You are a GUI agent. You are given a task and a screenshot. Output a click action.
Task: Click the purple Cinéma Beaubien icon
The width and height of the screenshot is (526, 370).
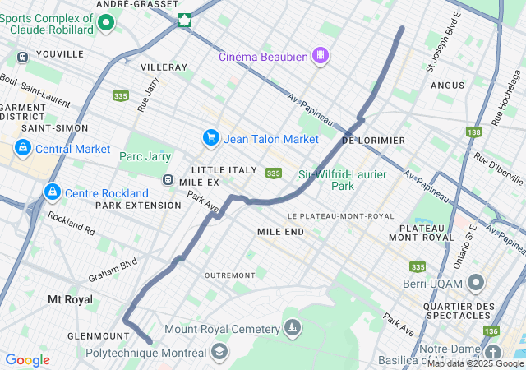coord(320,56)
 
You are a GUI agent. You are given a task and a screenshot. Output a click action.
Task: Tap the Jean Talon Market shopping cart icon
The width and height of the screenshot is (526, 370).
coord(210,138)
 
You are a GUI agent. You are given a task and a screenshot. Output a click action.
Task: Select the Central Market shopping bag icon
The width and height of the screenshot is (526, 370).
coord(22,148)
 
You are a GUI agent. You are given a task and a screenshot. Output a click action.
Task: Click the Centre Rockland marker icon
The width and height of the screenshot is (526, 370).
coord(52,192)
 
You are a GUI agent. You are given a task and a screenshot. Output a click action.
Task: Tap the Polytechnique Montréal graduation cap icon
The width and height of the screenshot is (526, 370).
coord(219,352)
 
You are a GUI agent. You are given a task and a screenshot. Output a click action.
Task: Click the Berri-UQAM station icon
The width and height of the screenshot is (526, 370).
coord(476,284)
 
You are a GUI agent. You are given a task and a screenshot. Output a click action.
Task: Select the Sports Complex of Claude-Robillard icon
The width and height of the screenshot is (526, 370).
coord(105,22)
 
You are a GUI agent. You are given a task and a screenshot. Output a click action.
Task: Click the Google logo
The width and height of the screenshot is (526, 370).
coord(27,360)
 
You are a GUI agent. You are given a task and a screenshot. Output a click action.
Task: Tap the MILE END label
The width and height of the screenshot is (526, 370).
coord(280,232)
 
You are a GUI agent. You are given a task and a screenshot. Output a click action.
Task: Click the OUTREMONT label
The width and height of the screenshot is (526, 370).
coord(229,275)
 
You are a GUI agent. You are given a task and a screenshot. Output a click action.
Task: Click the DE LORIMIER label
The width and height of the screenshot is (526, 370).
coord(373,141)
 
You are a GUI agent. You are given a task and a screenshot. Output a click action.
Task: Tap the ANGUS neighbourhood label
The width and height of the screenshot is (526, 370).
coord(447,85)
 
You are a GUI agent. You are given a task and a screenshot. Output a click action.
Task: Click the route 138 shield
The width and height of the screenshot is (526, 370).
coord(473,132)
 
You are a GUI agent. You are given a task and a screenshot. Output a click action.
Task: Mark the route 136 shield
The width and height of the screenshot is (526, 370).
coord(491,331)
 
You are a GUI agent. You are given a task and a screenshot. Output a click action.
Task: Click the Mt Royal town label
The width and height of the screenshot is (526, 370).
coord(70,299)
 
